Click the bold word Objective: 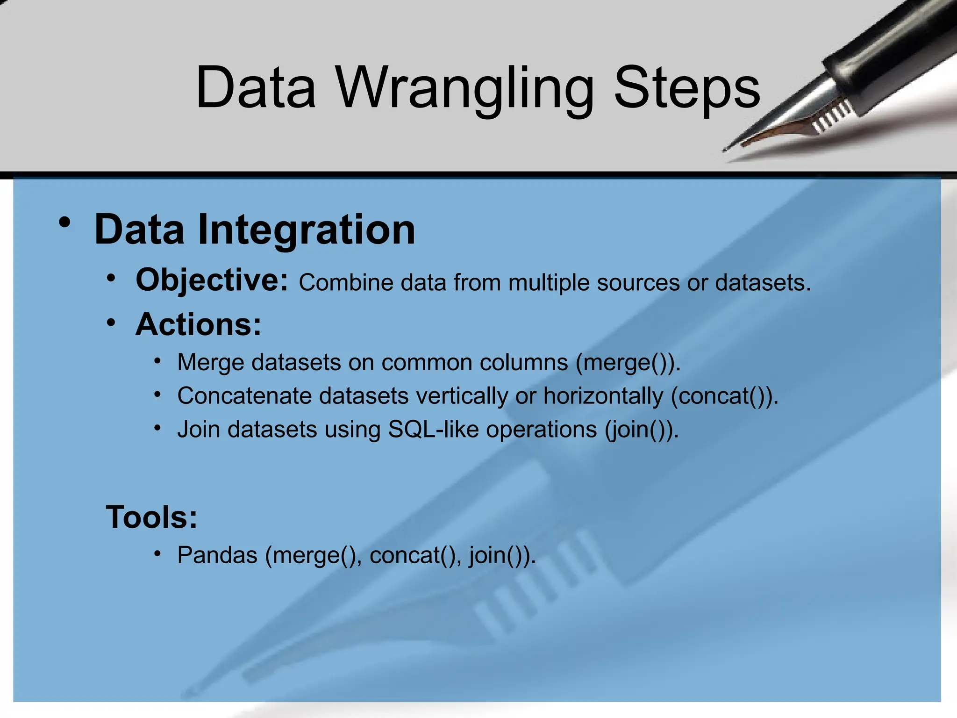(212, 280)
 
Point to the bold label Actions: (198, 324)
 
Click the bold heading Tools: (152, 517)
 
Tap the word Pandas (217, 555)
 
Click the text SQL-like (433, 429)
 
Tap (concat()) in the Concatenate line (724, 396)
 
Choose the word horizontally (603, 396)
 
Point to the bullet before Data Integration (65, 223)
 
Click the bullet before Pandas (158, 554)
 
